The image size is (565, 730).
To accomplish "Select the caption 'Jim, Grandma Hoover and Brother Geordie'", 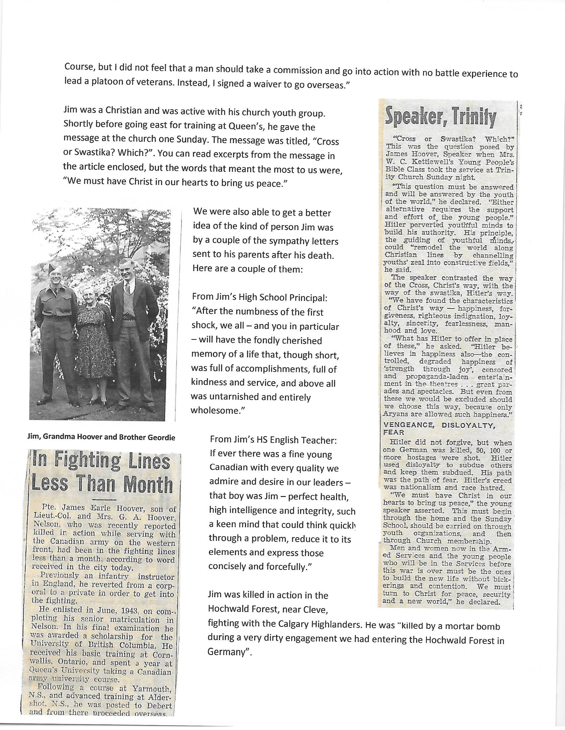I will click(x=102, y=438).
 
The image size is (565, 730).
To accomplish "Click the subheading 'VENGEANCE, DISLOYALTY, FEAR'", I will click(x=438, y=428).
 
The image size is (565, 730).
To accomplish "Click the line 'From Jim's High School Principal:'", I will click(x=260, y=297).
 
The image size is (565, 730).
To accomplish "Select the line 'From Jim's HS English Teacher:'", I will click(x=273, y=440).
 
